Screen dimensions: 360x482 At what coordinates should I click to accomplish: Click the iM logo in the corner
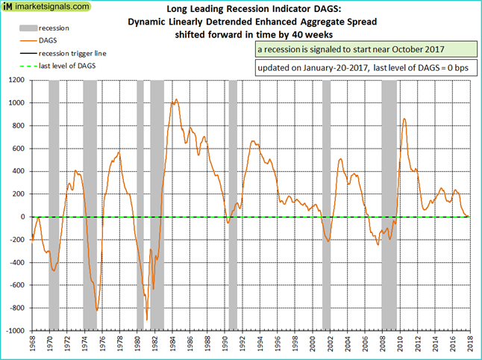point(7,6)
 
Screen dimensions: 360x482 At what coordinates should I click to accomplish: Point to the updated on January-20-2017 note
point(363,68)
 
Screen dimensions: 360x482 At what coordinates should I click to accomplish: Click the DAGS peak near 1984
point(175,99)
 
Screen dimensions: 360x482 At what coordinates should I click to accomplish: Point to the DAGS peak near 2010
point(404,119)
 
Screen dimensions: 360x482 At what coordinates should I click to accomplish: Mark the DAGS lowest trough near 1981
point(147,320)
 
